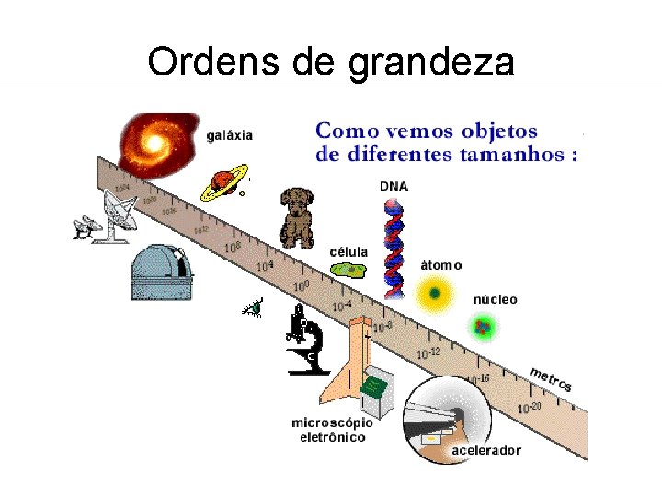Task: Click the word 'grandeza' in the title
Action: pyautogui.click(x=431, y=62)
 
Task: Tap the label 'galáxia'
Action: pyautogui.click(x=229, y=134)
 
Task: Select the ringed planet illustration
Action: pyautogui.click(x=224, y=182)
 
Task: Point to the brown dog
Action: pyautogui.click(x=297, y=218)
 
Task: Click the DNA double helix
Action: pyautogui.click(x=394, y=248)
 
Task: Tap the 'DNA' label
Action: pyautogui.click(x=394, y=186)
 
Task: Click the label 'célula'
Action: pyautogui.click(x=348, y=251)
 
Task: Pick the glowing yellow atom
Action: pyautogui.click(x=433, y=295)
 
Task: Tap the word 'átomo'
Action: pyautogui.click(x=440, y=265)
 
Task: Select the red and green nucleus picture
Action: pyautogui.click(x=482, y=325)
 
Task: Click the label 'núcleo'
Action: pyautogui.click(x=495, y=299)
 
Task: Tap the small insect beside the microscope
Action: pyautogui.click(x=254, y=309)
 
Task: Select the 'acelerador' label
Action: pyautogui.click(x=485, y=450)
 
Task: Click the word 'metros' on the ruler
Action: pyautogui.click(x=550, y=378)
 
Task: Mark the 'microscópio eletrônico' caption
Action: pyautogui.click(x=332, y=430)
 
